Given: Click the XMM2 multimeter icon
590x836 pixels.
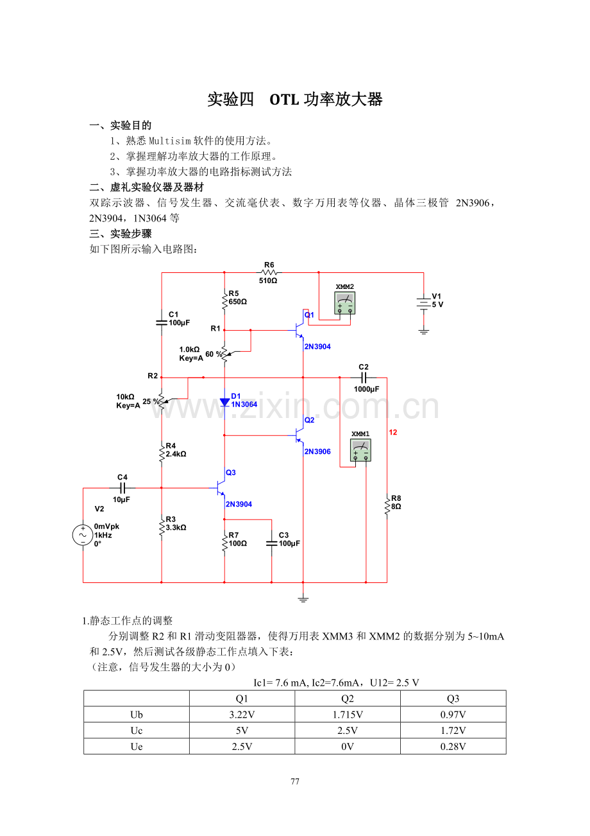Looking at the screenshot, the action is [x=344, y=302].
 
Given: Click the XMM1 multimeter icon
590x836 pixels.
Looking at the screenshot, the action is [x=360, y=449].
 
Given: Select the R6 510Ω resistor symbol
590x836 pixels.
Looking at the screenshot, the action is [x=269, y=272].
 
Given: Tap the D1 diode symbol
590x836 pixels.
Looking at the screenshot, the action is [x=224, y=403].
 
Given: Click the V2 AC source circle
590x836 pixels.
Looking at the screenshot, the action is [x=83, y=535].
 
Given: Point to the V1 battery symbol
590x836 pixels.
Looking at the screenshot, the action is [x=423, y=303].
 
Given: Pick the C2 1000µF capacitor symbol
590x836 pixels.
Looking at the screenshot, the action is [x=364, y=378].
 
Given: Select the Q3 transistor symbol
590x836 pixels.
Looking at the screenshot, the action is [x=221, y=487].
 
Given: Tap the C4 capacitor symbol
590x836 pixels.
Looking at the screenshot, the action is [x=122, y=487].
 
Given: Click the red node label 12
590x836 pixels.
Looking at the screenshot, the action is [x=393, y=432].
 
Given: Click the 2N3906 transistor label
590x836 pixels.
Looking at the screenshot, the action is [x=317, y=451].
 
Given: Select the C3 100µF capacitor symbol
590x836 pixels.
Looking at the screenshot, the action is [x=271, y=543].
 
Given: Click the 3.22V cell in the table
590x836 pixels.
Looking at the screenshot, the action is [x=242, y=714].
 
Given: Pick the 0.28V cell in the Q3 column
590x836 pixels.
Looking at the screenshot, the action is [x=453, y=746].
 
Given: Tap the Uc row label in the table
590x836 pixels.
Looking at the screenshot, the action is [x=137, y=730].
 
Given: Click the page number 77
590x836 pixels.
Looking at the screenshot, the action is [x=295, y=781].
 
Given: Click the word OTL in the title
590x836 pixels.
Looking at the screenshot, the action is [x=284, y=100].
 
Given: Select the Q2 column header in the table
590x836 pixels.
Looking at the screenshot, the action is [x=348, y=699].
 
